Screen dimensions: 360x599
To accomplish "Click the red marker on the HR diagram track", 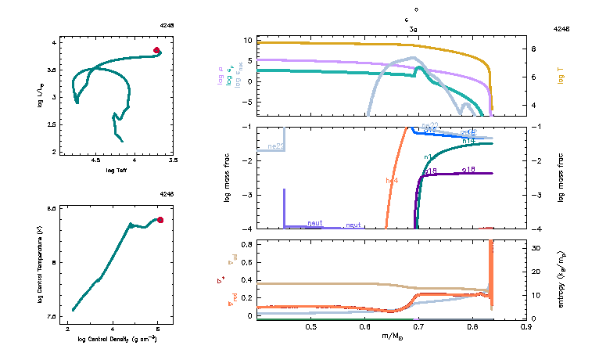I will pyautogui.click(x=156, y=50).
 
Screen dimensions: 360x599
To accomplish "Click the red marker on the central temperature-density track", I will pyautogui.click(x=160, y=220).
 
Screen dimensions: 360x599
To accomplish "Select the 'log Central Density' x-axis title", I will pyautogui.click(x=117, y=340).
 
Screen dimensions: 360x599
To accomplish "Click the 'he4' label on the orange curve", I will pyautogui.click(x=392, y=181).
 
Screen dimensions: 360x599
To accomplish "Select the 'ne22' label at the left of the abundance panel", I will pyautogui.click(x=275, y=146).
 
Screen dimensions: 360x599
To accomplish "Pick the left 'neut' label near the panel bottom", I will pyautogui.click(x=315, y=223).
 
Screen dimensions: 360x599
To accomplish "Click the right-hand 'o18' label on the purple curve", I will pyautogui.click(x=469, y=169).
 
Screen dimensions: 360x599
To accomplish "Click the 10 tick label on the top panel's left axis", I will pyautogui.click(x=248, y=40).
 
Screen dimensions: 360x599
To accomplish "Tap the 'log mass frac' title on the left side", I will pyautogui.click(x=228, y=178).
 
